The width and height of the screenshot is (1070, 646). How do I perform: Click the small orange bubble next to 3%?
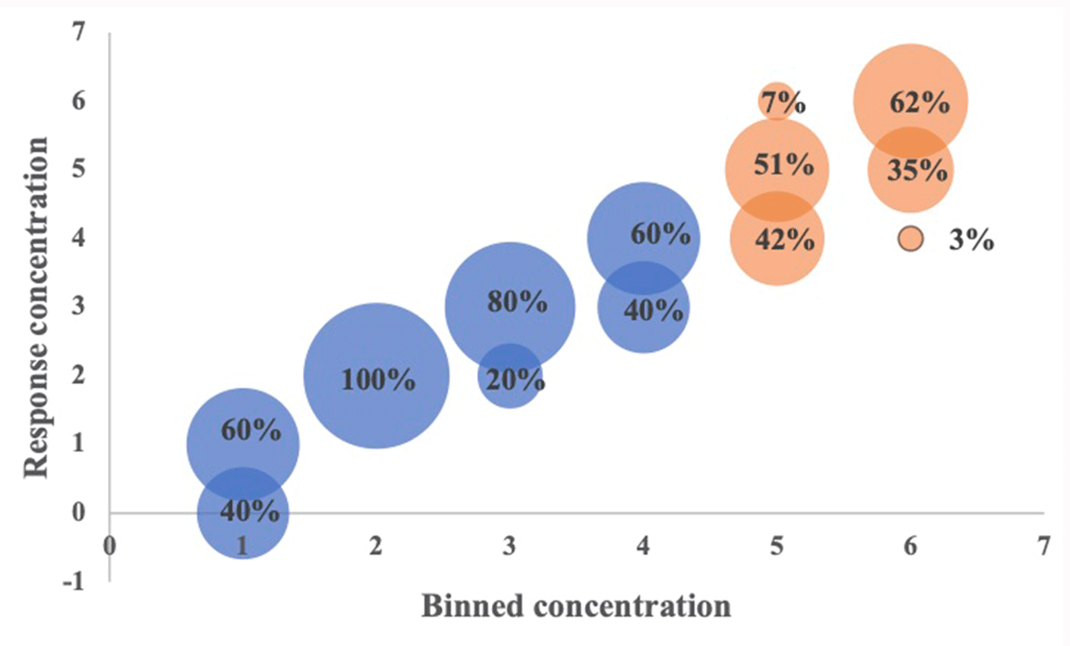pos(910,240)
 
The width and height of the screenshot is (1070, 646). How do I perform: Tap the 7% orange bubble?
pos(778,102)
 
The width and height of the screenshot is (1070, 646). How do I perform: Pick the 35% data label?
pos(918,170)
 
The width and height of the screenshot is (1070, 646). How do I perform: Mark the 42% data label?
pos(784,240)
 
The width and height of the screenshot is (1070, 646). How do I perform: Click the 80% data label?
pos(517,303)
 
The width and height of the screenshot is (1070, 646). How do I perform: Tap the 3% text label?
pos(971,241)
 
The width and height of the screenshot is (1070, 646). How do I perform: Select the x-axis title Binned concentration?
pos(575,607)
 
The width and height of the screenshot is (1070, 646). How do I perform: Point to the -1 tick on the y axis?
pos(78,581)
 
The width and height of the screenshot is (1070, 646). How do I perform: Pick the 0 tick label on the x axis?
pos(110,545)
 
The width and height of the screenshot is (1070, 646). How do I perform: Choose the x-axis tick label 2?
pos(376,545)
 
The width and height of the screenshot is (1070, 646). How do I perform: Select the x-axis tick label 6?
pos(909,545)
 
